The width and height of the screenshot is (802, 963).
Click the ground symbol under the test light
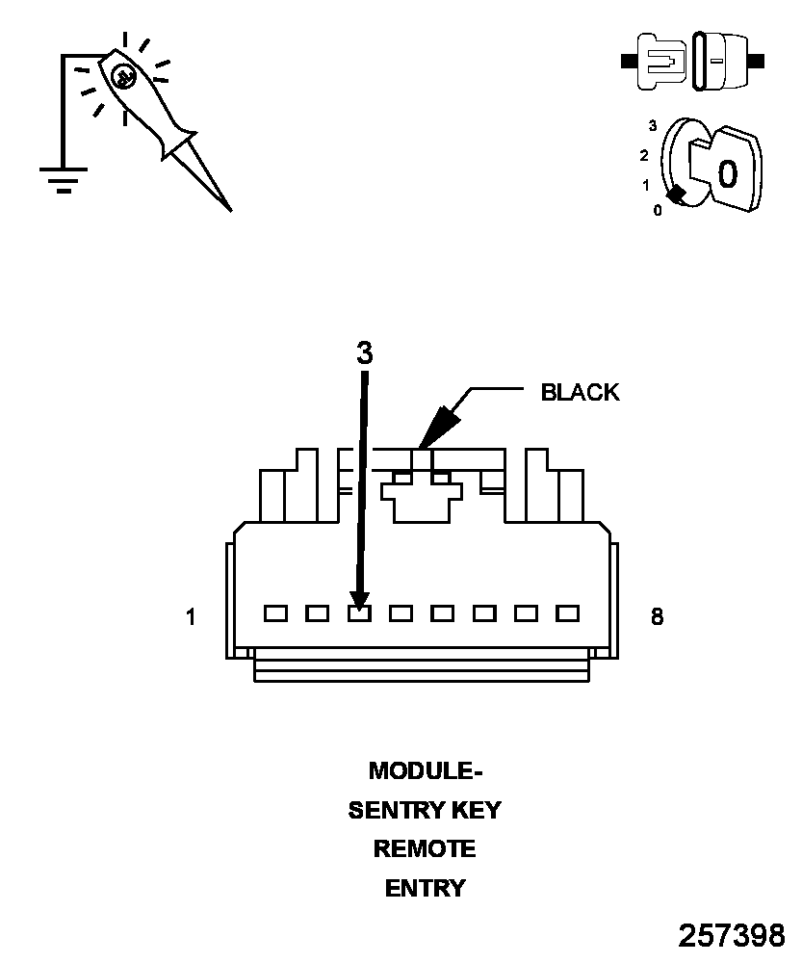click(64, 178)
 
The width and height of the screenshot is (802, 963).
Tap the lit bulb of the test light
click(122, 77)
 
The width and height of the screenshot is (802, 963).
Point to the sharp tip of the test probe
click(229, 208)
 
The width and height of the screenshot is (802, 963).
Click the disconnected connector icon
click(693, 62)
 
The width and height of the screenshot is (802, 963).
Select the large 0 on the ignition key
click(728, 173)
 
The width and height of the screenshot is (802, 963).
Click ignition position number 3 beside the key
click(653, 125)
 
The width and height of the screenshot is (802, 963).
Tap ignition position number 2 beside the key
click(644, 155)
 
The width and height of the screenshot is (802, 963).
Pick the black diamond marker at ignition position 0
click(678, 195)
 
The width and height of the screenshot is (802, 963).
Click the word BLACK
click(580, 393)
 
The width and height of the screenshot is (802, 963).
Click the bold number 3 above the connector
click(364, 353)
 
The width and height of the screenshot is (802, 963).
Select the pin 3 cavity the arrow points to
click(359, 612)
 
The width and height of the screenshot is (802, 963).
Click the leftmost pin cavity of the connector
click(275, 612)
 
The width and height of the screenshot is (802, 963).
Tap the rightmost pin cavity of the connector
click(567, 612)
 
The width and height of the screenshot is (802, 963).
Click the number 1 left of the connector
click(191, 617)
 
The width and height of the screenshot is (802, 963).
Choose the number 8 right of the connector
click(657, 617)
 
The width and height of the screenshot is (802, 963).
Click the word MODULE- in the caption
click(425, 771)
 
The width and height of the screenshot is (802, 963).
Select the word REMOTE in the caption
click(425, 849)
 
